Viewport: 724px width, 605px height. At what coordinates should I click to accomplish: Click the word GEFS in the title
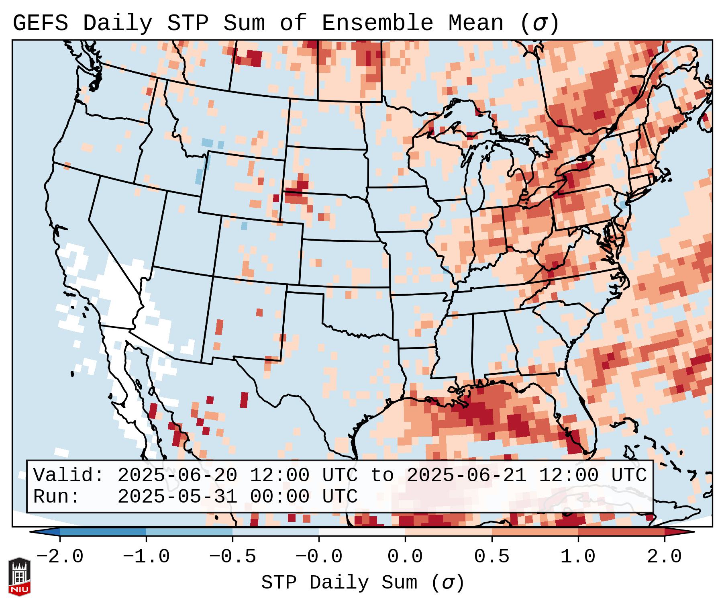click(x=40, y=23)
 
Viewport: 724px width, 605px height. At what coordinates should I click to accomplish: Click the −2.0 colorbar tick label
click(x=60, y=557)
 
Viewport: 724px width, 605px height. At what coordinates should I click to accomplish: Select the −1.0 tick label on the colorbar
click(x=146, y=557)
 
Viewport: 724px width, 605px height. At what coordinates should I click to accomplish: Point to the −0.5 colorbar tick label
click(x=232, y=557)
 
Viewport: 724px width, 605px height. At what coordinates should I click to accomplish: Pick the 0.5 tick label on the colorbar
click(x=492, y=557)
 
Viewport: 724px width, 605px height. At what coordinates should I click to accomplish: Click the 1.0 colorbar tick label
click(x=578, y=557)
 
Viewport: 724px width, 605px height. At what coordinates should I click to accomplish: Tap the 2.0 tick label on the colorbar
click(x=664, y=557)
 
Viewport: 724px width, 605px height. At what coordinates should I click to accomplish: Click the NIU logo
click(x=19, y=576)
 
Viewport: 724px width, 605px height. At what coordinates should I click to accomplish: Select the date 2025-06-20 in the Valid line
click(x=177, y=476)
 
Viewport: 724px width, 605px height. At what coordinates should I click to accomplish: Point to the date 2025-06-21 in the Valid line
click(x=467, y=476)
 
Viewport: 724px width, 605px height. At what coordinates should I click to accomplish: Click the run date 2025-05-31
click(x=177, y=497)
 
